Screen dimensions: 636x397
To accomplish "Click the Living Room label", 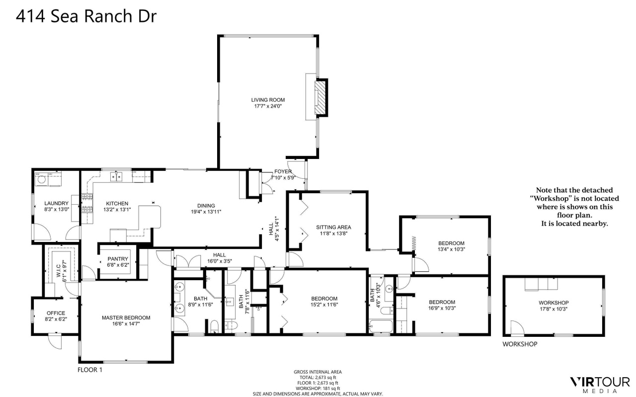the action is (x=268, y=100).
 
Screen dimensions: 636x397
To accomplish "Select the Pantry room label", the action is (x=118, y=259).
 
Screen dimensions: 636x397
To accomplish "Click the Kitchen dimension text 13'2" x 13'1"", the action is (x=117, y=210).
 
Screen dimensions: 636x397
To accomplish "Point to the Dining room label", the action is (x=206, y=206).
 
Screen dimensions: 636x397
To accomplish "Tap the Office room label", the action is (x=56, y=313).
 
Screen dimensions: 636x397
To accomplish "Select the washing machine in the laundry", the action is (x=42, y=179).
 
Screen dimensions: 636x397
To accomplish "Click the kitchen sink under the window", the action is (x=116, y=176).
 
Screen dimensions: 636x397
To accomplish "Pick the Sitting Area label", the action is (x=333, y=227).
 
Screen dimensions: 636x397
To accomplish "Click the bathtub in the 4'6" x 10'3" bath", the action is (x=381, y=326).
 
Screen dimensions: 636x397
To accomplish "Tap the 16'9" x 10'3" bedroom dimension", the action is (x=442, y=309).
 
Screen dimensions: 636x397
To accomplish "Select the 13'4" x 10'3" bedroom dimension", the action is (x=451, y=249).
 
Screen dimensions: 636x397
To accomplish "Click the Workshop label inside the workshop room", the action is (x=554, y=303).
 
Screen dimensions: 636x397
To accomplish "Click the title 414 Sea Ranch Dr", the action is (x=86, y=16).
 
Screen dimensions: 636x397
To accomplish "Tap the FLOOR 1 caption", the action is (x=90, y=370).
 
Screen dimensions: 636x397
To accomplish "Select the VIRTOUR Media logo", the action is (x=600, y=385).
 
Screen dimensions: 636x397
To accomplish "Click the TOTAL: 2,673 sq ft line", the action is (x=318, y=378).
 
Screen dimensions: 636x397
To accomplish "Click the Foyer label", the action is (x=283, y=171).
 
